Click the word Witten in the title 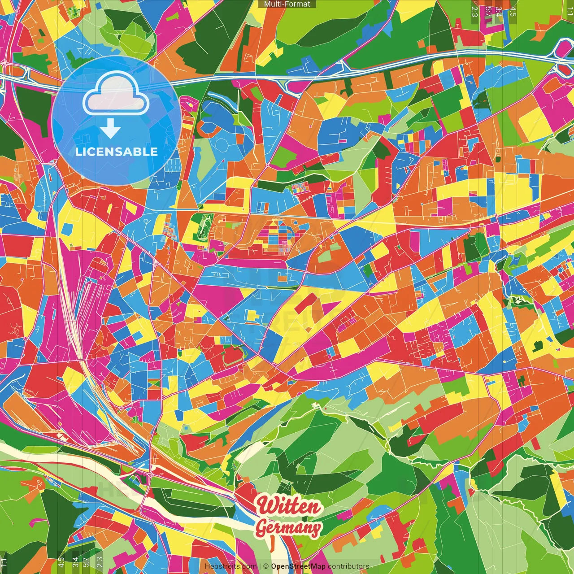coord(289,506)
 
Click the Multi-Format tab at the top coord(287,4)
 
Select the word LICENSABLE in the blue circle coord(117,152)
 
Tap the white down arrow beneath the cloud coord(110,129)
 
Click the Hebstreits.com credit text coord(230,566)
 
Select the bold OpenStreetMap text coord(298,566)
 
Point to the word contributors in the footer coord(348,566)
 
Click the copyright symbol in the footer coord(266,566)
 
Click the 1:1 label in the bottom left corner coord(4,562)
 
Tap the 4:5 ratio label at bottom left coord(61,562)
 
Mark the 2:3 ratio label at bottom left coord(100,562)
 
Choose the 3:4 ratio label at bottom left coord(75,562)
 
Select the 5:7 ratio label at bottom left coord(86,562)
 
